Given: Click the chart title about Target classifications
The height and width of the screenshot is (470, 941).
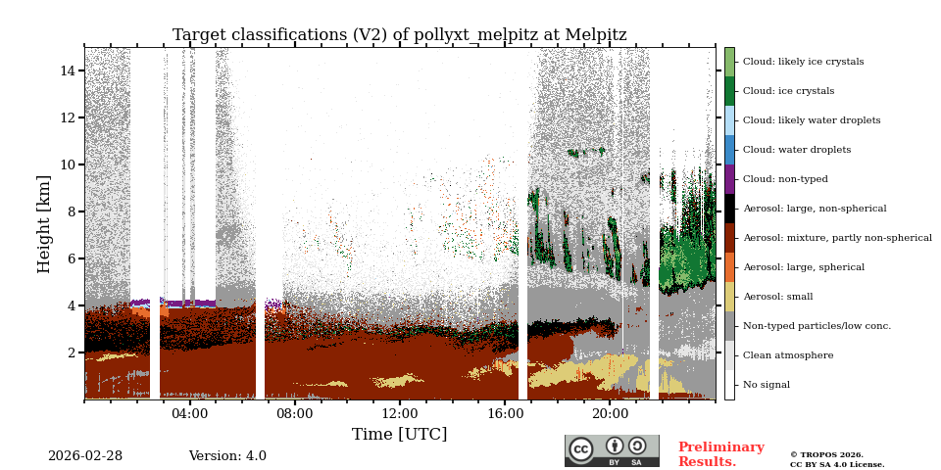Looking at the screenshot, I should click(x=399, y=35).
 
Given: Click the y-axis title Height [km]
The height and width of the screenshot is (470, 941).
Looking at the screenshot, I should click(x=44, y=223).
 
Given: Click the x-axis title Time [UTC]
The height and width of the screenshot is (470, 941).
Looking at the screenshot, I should click(x=399, y=434).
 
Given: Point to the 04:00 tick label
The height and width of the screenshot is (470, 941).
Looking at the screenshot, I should click(x=189, y=414).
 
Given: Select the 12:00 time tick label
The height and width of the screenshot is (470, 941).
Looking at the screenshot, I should click(x=399, y=414).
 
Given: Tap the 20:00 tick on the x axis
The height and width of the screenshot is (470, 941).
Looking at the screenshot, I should click(x=610, y=414).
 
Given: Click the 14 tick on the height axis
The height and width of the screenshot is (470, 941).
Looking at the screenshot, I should click(x=69, y=70).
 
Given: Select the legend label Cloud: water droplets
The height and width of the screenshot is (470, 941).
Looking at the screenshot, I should click(x=797, y=150).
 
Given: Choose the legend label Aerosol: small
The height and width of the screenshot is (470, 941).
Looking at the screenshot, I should click(x=777, y=297).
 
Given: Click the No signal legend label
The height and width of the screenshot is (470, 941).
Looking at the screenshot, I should click(x=766, y=385).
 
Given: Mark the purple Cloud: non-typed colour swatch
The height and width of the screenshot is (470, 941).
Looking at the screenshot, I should click(x=729, y=179).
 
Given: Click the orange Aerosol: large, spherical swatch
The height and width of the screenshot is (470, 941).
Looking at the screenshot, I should click(x=729, y=267).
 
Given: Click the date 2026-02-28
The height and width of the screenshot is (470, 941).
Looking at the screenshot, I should click(x=85, y=456).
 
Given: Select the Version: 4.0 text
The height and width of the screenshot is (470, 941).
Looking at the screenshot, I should click(x=227, y=456).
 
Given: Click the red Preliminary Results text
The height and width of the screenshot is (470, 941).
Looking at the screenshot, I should click(x=720, y=454).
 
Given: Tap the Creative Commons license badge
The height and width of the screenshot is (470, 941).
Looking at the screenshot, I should click(x=612, y=450).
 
